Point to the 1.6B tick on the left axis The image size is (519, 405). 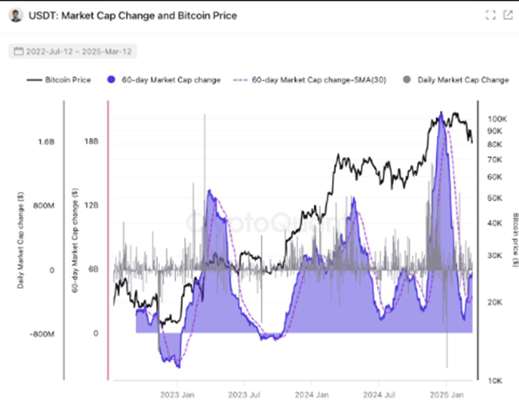46,142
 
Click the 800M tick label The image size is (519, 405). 43,206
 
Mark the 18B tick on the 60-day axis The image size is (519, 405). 92,142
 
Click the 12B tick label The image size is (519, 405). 92,206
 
